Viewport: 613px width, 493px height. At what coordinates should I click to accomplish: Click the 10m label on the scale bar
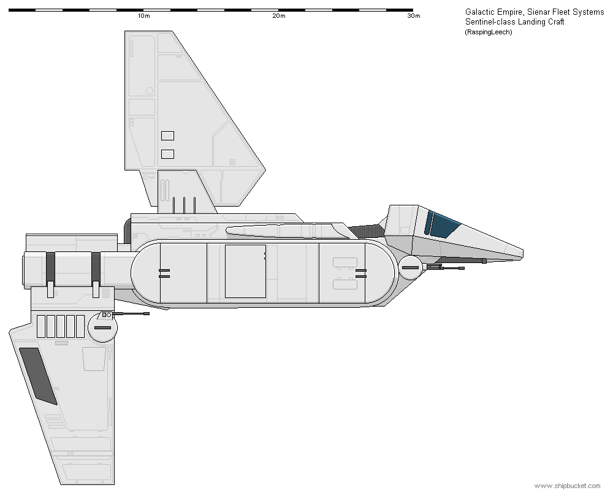(143, 16)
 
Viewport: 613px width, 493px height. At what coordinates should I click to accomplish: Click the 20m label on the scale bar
(279, 16)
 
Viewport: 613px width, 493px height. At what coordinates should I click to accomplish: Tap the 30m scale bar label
(414, 16)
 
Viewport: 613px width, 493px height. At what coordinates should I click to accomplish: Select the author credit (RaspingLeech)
(489, 32)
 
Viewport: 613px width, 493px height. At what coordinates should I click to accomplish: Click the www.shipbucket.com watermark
(567, 486)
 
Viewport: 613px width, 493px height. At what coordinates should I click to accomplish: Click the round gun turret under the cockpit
(410, 267)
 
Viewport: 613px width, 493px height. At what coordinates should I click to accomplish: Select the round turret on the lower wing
(102, 327)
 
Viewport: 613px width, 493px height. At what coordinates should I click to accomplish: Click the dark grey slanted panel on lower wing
(38, 376)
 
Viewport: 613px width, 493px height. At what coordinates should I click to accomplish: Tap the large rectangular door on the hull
(246, 271)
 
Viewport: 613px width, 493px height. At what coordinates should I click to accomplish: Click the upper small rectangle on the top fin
(168, 136)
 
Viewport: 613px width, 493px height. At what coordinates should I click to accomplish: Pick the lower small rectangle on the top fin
(168, 154)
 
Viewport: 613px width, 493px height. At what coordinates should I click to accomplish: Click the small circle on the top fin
(150, 91)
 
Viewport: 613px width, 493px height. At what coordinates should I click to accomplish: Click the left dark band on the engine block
(50, 266)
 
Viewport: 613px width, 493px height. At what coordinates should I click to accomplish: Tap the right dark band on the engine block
(96, 266)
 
